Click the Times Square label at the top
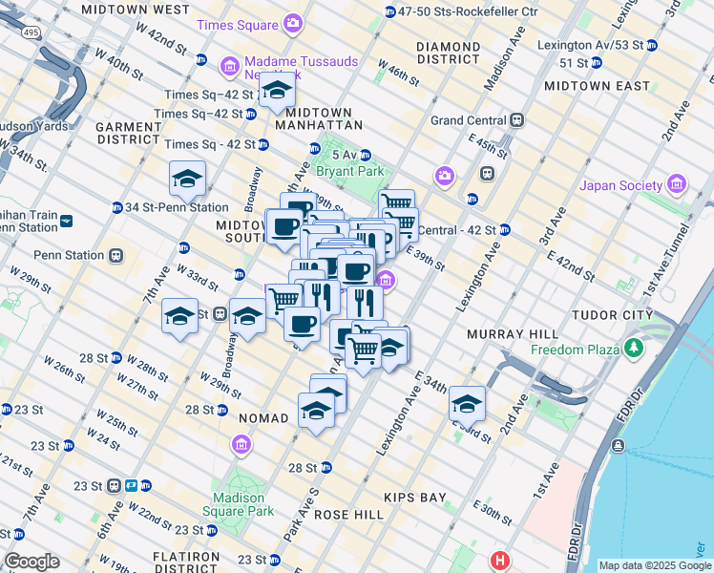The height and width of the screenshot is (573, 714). click(x=239, y=22)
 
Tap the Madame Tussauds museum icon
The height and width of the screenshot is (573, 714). click(x=229, y=66)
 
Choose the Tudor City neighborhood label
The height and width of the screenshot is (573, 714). click(x=611, y=314)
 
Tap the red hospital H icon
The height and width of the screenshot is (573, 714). click(x=498, y=561)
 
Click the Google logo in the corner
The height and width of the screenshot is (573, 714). click(x=31, y=562)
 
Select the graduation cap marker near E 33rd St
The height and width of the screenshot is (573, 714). click(x=467, y=405)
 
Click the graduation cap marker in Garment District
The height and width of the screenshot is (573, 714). click(x=188, y=179)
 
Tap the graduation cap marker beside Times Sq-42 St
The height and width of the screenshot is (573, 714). click(x=277, y=91)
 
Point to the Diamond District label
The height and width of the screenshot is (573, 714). click(x=447, y=53)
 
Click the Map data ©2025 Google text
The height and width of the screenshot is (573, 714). click(x=654, y=565)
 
